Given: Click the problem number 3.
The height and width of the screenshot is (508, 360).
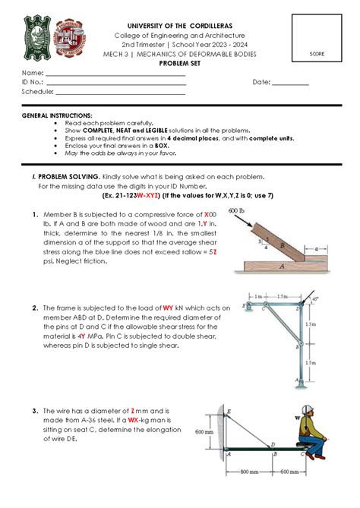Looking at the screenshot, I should tap(35, 410).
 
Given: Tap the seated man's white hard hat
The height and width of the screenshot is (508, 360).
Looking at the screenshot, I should tap(311, 411).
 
